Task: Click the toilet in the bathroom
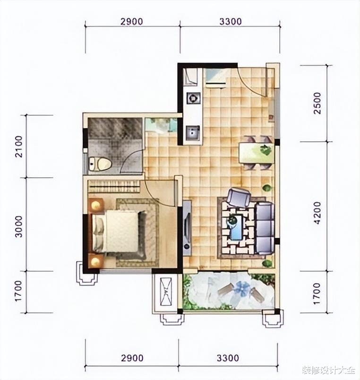click(x=99, y=164)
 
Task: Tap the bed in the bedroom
click(x=119, y=231)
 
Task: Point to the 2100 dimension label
click(x=18, y=147)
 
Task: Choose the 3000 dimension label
click(x=18, y=226)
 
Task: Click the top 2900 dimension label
click(x=132, y=22)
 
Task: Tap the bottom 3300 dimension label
click(x=228, y=358)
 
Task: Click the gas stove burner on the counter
click(x=193, y=98)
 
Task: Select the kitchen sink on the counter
click(x=193, y=132)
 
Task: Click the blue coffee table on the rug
click(x=236, y=227)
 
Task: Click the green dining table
click(x=257, y=153)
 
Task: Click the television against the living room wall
click(x=187, y=228)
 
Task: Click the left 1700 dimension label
click(x=18, y=292)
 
